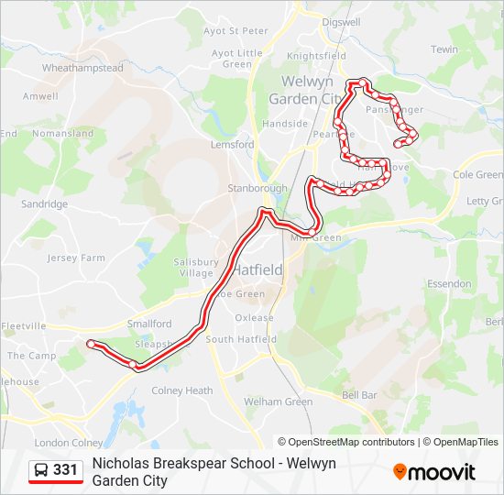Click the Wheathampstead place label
pyautogui.click(x=82, y=68)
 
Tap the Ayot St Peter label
pyautogui.click(x=236, y=31)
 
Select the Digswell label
pyautogui.click(x=341, y=22)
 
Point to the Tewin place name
pyautogui.click(x=444, y=49)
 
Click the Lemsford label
pyautogui.click(x=232, y=145)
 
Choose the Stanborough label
pyautogui.click(x=257, y=189)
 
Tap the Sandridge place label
pyautogui.click(x=44, y=204)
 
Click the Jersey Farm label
pyautogui.click(x=76, y=258)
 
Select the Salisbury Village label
pyautogui.click(x=196, y=268)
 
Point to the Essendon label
pyautogui.click(x=449, y=284)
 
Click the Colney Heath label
pyautogui.click(x=181, y=390)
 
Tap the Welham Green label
pyautogui.click(x=278, y=401)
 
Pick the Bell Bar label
pyautogui.click(x=359, y=395)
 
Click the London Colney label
pyautogui.click(x=63, y=443)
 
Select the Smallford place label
pyautogui.click(x=149, y=324)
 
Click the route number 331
pyautogui.click(x=65, y=470)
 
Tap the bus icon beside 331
pyautogui.click(x=41, y=470)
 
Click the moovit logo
pyautogui.click(x=435, y=472)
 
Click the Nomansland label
pyautogui.click(x=62, y=134)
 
